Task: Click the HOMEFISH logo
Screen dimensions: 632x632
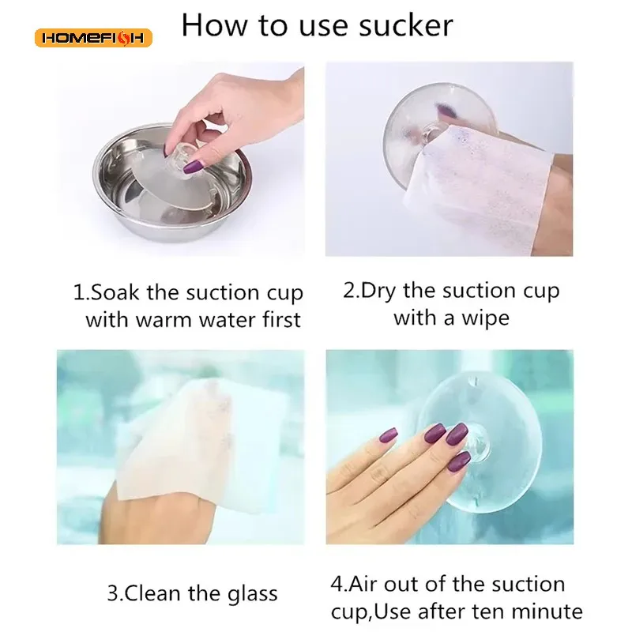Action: pyautogui.click(x=93, y=38)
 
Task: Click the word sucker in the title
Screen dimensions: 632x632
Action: pyautogui.click(x=406, y=25)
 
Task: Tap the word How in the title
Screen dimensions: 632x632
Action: pyautogui.click(x=214, y=25)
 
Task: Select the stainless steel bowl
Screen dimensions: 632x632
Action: pyautogui.click(x=172, y=182)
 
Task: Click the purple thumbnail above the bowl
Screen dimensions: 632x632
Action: pyautogui.click(x=194, y=166)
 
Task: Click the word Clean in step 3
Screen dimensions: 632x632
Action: pyautogui.click(x=152, y=593)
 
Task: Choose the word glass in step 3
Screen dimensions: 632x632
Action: pyautogui.click(x=253, y=595)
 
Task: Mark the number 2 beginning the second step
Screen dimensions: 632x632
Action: pyautogui.click(x=348, y=291)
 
